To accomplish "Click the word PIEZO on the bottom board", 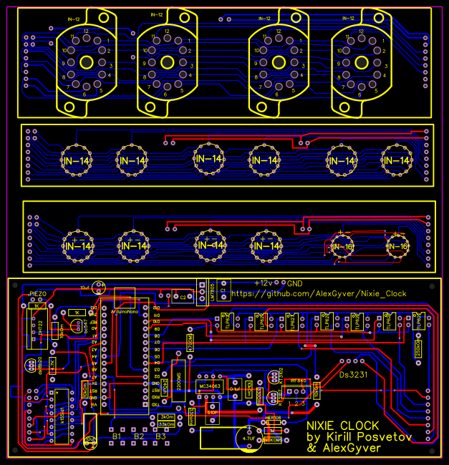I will click(38, 294).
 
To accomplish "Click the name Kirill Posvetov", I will click(367, 437).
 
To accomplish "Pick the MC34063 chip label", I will click(208, 386).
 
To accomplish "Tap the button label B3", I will click(160, 436).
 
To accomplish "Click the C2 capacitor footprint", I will click(182, 295).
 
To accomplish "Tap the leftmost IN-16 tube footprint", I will click(343, 247).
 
